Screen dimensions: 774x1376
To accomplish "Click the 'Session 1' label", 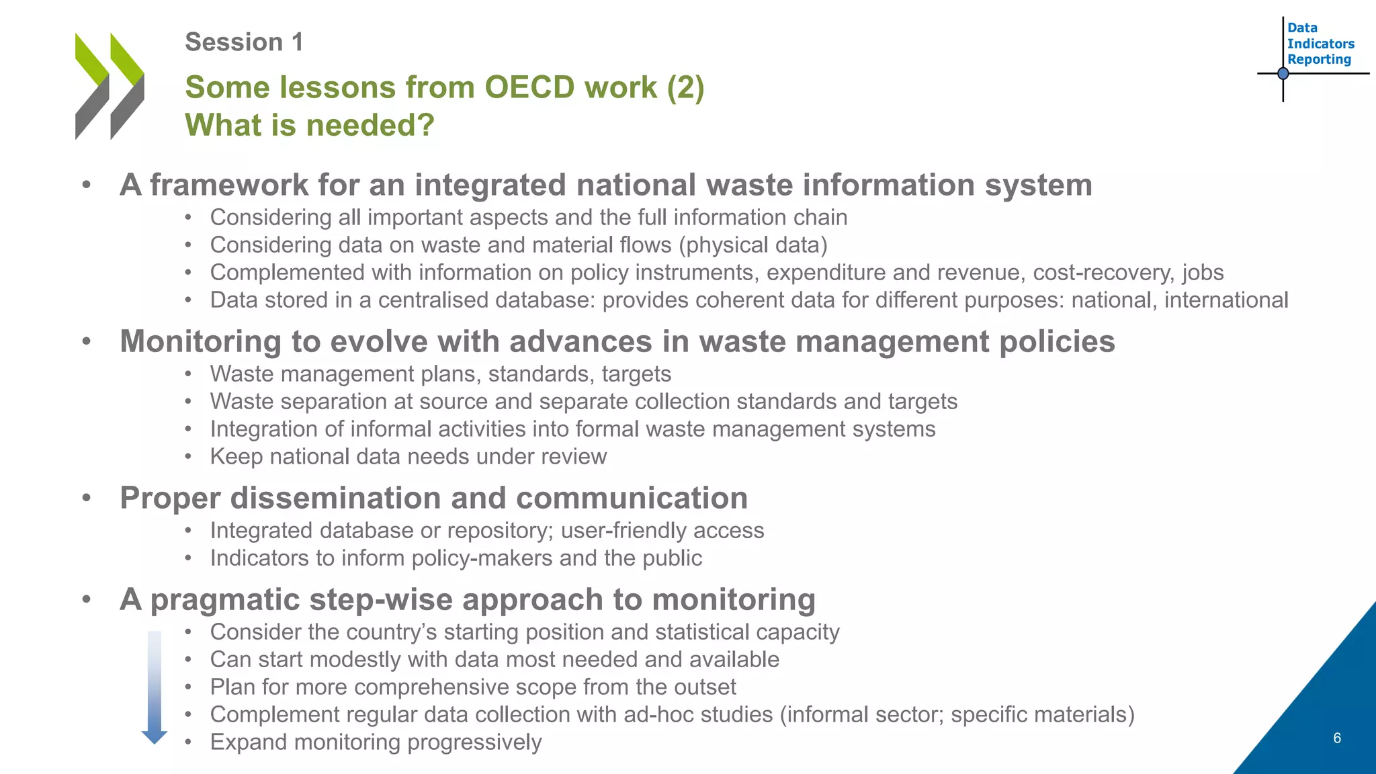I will pos(244,42).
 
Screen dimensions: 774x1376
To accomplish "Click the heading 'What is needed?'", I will pos(310,125).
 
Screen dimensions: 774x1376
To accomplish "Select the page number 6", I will pos(1336,738).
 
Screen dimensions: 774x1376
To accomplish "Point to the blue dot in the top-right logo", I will pos(1283,73).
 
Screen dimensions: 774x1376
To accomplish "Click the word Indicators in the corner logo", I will pos(1320,44).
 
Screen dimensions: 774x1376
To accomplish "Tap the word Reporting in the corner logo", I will pos(1318,59).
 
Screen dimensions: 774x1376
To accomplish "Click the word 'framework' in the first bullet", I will pos(228,185).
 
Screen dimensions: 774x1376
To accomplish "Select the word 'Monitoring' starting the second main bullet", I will pos(200,341).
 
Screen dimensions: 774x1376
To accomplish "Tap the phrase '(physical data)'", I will pos(752,245).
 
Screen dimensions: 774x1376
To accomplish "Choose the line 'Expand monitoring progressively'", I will pos(376,742).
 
